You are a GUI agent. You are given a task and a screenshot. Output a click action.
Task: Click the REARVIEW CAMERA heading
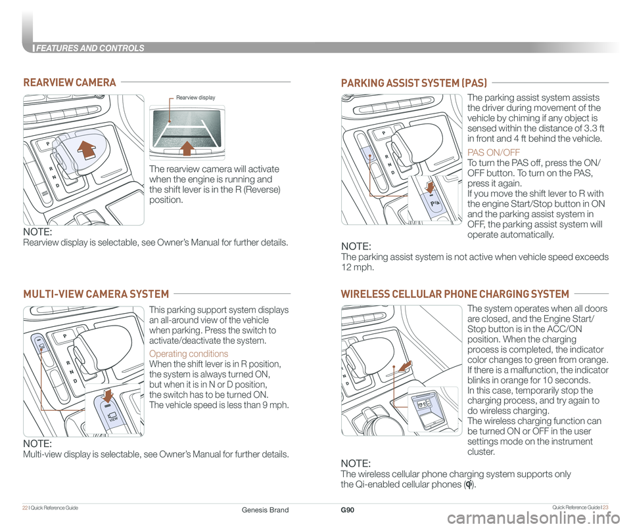70,82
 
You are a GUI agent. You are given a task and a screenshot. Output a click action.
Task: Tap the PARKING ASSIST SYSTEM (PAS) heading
413,83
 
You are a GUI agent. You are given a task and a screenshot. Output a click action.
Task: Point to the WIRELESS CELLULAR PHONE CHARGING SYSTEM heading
454,293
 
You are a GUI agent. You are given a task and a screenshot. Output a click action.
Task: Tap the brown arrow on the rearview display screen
187,146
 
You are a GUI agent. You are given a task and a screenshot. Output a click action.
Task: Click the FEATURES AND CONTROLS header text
89,48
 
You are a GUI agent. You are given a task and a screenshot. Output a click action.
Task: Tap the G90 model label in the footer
348,509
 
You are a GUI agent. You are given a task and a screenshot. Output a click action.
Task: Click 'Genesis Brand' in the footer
266,509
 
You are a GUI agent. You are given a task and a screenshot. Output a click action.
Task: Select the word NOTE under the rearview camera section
37,232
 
